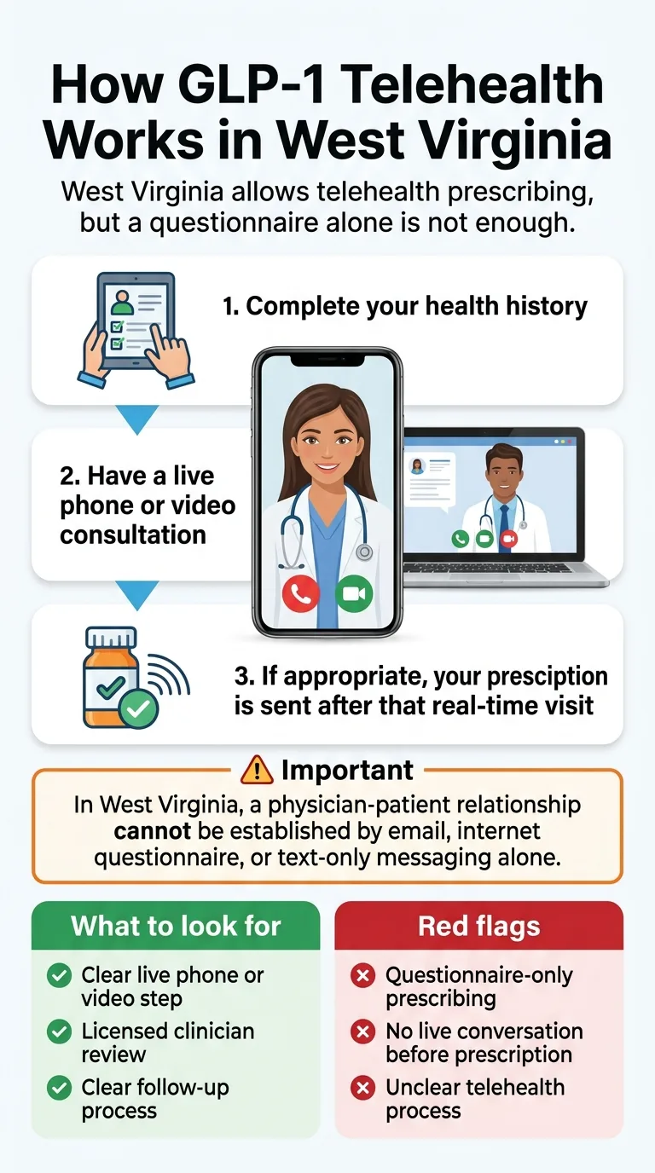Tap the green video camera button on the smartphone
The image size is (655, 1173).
point(354,595)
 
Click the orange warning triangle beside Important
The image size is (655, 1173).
point(257,771)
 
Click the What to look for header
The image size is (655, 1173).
point(176,926)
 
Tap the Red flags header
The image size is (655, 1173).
point(478,926)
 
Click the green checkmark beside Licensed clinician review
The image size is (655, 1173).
point(59,1032)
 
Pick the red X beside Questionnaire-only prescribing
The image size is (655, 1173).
point(363,976)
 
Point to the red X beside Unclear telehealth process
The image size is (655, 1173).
point(363,1089)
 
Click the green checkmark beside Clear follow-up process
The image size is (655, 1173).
point(59,1089)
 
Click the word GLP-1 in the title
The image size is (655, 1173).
point(253,87)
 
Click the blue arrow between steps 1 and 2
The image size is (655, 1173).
point(136,418)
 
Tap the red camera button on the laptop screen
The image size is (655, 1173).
point(509,539)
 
